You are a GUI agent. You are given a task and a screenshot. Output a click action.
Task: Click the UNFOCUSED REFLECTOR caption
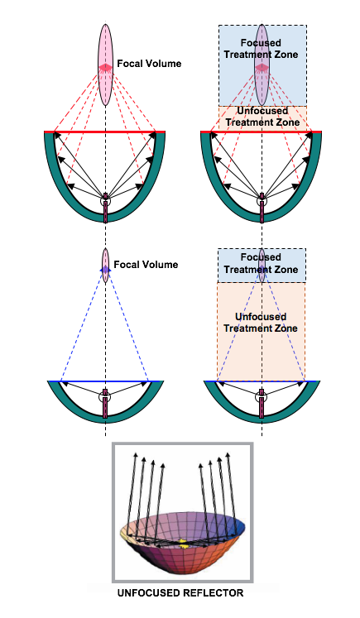180,592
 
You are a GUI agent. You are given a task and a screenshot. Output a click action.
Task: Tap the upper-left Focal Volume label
149,64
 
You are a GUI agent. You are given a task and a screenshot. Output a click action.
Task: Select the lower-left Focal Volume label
146,265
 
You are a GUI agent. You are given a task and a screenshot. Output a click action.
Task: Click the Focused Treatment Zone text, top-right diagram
261,49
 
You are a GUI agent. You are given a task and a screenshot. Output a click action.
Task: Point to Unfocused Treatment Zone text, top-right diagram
262,117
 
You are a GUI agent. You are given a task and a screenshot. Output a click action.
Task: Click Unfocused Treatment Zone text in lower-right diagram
261,323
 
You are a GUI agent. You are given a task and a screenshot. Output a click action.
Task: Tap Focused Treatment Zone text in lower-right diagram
261,263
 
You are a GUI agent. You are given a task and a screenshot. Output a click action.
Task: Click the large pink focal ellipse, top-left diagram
105,65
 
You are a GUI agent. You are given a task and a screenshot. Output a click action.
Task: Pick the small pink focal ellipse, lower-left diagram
105,266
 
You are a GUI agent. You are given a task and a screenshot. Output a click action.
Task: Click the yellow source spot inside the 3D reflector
183,543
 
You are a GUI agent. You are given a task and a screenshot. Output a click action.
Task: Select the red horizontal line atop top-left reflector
104,132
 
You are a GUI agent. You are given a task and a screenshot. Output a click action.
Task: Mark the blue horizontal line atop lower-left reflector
105,381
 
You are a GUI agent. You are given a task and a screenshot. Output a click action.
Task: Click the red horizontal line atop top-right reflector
261,132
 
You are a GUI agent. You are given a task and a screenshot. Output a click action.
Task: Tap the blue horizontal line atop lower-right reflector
262,381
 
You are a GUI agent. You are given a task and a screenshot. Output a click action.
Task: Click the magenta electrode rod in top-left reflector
105,208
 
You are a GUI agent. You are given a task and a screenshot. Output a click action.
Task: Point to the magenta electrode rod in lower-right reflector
262,403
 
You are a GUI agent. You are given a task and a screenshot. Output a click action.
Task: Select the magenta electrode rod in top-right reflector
262,208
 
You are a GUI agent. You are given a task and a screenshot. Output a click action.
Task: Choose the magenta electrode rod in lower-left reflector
105,403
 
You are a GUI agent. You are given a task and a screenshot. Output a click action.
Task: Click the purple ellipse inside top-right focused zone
262,65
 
